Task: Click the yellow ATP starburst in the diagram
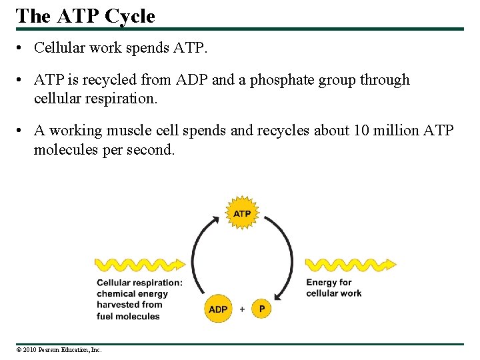click(242, 213)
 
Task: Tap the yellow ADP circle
click(218, 309)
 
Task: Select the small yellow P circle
click(262, 309)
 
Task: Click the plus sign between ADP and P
click(241, 309)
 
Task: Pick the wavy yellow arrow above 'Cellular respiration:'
click(140, 265)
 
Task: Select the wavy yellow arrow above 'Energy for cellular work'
click(350, 265)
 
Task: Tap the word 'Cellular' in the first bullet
click(57, 47)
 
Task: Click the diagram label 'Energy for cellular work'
click(333, 287)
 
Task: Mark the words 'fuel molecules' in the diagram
click(128, 316)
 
